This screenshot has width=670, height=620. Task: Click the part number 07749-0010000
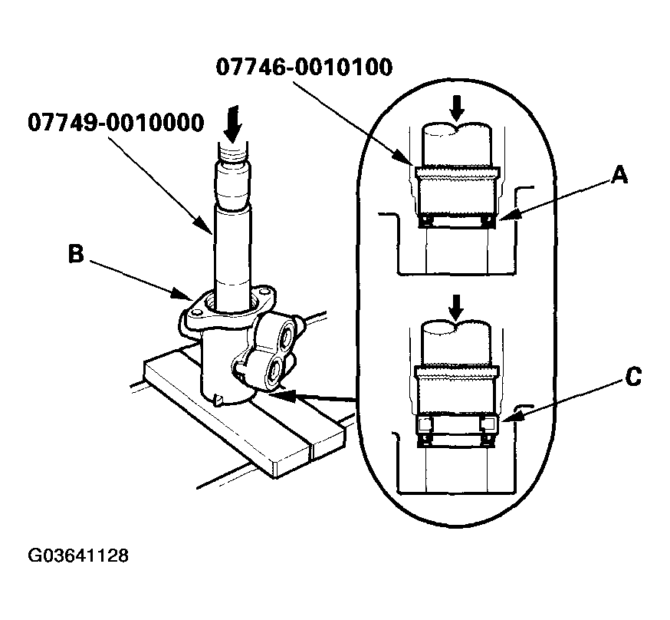click(117, 122)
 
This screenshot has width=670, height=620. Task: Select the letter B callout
click(75, 255)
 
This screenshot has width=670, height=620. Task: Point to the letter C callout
click(631, 377)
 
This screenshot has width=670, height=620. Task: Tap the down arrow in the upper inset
click(457, 107)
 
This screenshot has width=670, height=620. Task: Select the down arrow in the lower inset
click(456, 308)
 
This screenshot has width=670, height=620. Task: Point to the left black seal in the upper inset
click(423, 221)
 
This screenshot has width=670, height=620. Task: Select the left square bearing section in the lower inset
click(425, 424)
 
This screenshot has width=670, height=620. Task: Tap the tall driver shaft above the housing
click(231, 246)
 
